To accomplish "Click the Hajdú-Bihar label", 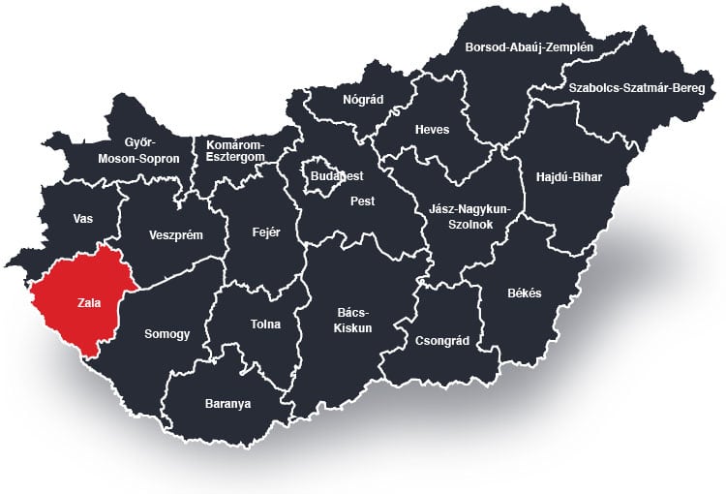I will tap(568, 177).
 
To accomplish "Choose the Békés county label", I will tap(524, 293).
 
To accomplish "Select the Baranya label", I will tap(227, 403).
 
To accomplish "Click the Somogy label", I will tap(166, 334).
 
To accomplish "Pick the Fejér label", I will tap(265, 232).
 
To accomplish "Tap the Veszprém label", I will tap(175, 234).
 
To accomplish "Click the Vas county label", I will tap(82, 219).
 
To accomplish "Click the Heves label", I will tap(432, 130).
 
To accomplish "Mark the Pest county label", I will tap(362, 201).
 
